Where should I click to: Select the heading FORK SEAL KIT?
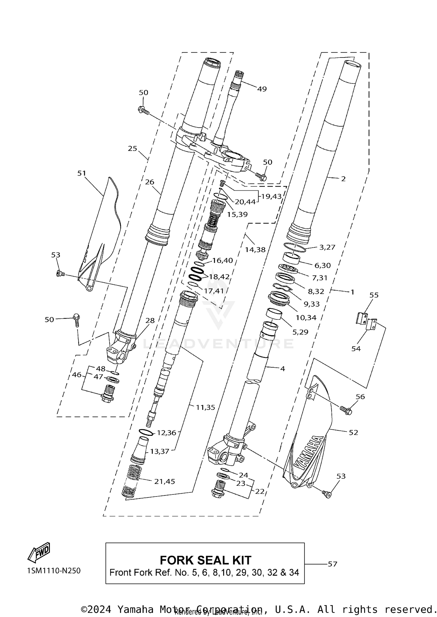(x=205, y=560)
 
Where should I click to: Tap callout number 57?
(x=332, y=564)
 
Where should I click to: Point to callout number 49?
(x=262, y=89)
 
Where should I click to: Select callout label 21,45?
(x=165, y=481)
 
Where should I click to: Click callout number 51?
(x=82, y=173)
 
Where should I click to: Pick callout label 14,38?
(x=255, y=249)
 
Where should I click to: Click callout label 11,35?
(x=205, y=407)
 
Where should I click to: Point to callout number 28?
(x=150, y=320)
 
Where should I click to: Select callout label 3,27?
(x=327, y=247)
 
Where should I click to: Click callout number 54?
(x=356, y=348)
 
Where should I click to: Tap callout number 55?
(x=374, y=295)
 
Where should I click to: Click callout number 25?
(x=132, y=148)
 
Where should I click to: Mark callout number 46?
(x=77, y=375)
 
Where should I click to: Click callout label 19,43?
(x=271, y=196)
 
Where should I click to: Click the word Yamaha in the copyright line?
(x=135, y=609)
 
